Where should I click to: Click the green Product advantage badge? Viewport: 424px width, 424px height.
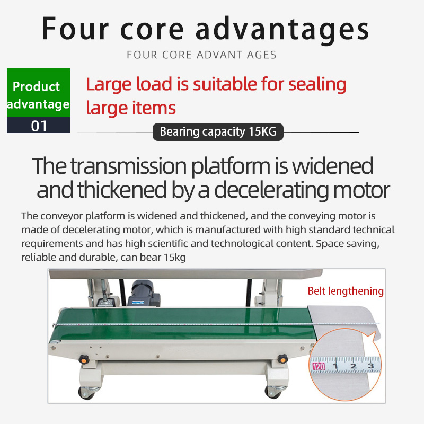point(38,93)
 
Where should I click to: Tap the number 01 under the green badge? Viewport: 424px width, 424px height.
point(39,126)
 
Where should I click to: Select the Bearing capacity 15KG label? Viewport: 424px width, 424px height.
point(218,131)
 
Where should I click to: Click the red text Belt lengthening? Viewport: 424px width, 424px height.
point(346,291)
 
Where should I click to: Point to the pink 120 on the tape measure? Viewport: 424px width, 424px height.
point(319,366)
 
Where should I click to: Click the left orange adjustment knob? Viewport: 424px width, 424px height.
point(84,359)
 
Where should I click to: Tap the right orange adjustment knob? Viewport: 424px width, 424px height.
point(282,359)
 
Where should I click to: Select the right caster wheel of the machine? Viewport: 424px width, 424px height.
point(273,392)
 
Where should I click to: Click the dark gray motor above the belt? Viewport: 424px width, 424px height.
point(144,294)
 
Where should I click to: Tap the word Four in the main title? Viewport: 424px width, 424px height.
point(75,29)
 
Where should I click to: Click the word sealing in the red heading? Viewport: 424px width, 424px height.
point(317,85)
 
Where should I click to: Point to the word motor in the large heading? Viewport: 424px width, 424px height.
point(361,190)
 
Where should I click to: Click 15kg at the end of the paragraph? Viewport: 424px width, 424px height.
point(175,258)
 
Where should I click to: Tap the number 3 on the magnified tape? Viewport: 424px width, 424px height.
point(371,366)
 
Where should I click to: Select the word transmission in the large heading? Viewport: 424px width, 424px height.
point(129,166)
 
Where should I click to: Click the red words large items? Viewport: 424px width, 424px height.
point(131,108)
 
